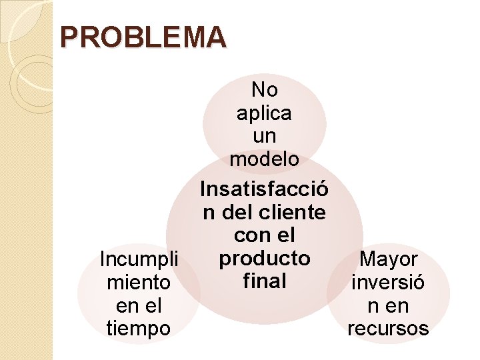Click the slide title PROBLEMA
point(143,38)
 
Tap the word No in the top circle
point(264,89)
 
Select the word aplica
point(264,113)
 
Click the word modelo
point(264,159)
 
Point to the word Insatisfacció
point(264,190)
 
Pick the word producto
point(265,258)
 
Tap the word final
point(265,281)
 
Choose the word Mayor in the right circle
point(389,259)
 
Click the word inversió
point(389,283)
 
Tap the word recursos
point(389,329)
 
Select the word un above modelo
point(264,136)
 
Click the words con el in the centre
point(265,235)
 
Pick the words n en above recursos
point(389,306)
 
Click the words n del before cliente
point(225,213)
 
